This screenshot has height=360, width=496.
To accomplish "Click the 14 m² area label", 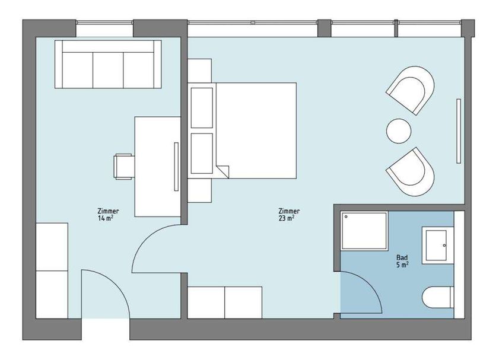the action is [106, 218].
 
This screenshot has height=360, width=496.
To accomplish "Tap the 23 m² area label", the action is [287, 218].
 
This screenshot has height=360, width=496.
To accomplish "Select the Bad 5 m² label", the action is [402, 262].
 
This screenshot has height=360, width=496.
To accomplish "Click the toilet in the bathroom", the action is [438, 297].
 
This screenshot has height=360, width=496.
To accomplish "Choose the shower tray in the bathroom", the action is [364, 231].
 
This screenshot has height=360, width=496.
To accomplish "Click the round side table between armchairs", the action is [399, 131].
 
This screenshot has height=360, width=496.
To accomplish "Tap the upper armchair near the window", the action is [411, 90].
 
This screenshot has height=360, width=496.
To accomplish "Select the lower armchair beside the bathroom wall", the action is [411, 172].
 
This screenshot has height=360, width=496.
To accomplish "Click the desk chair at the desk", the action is [124, 167].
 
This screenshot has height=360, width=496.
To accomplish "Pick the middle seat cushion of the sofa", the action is [108, 70].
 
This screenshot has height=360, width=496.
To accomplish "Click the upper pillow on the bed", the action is [202, 108].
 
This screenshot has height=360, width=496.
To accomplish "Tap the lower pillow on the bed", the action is [202, 154].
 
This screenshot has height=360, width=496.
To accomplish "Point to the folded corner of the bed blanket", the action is [222, 171].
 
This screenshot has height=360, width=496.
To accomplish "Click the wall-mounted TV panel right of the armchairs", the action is [459, 131].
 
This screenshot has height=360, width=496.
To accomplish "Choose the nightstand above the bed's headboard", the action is [199, 71].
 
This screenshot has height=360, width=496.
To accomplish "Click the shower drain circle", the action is [346, 216].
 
